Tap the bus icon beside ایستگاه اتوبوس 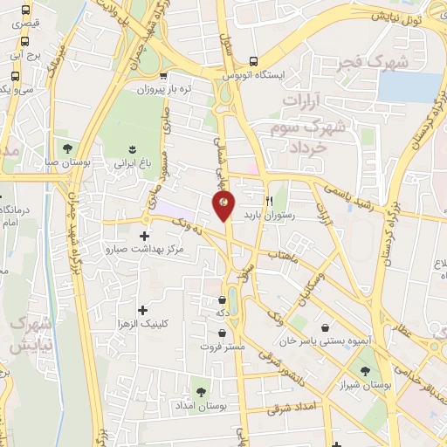click(252, 61)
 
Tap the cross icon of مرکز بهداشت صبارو click(144, 236)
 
